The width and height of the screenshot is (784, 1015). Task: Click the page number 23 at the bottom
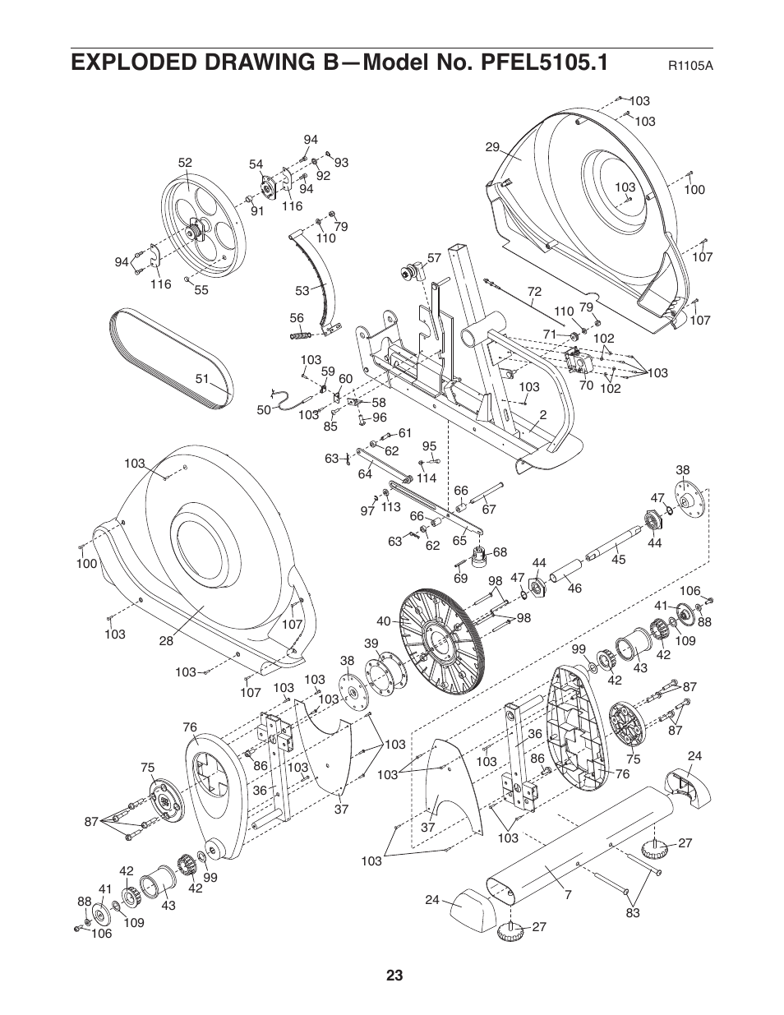tap(394, 976)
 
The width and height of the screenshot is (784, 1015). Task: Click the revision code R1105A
tap(689, 65)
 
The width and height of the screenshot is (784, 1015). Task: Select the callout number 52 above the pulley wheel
tap(185, 163)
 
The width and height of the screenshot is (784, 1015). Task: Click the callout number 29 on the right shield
tap(492, 147)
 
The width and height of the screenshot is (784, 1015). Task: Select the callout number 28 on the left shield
tap(166, 641)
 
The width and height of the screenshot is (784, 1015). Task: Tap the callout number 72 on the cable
tap(535, 292)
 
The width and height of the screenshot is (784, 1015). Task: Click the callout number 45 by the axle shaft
tap(619, 560)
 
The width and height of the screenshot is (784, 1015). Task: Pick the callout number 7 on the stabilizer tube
tap(567, 894)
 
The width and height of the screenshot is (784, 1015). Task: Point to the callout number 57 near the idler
tap(434, 258)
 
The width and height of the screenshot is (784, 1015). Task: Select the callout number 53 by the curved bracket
tap(302, 290)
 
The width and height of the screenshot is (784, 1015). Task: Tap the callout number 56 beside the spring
tap(297, 318)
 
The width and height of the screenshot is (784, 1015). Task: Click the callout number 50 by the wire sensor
tap(263, 409)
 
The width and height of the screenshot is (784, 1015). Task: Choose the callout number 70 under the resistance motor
tap(586, 384)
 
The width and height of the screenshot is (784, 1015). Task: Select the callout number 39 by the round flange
tap(371, 644)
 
